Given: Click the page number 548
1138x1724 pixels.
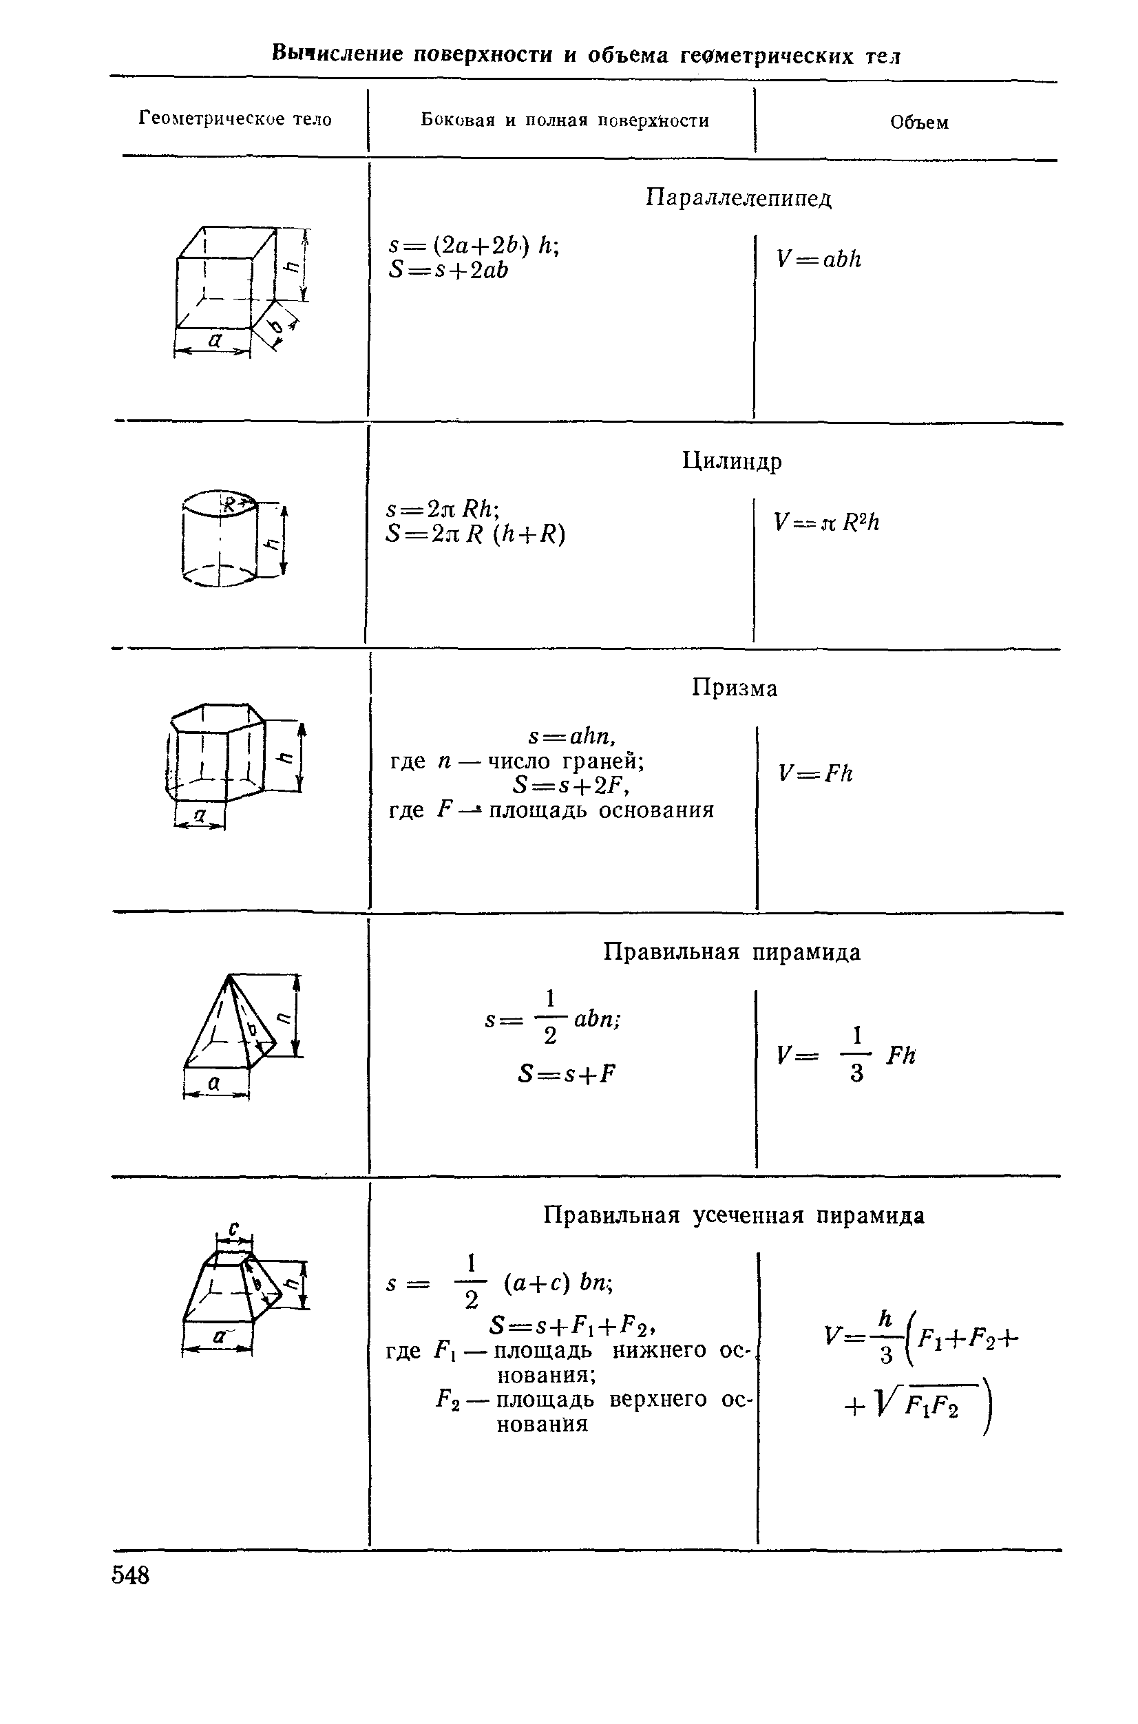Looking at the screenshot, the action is [x=131, y=1575].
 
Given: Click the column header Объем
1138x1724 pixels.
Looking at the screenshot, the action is [x=919, y=123].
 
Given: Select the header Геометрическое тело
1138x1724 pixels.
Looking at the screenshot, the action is [x=235, y=119].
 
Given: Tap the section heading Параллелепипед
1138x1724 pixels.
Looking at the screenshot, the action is [x=739, y=198].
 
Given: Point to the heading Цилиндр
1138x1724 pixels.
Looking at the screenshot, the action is [x=733, y=461].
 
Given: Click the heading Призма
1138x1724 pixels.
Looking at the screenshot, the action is [x=735, y=687].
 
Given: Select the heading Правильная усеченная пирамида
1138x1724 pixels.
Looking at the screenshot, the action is [x=735, y=1215].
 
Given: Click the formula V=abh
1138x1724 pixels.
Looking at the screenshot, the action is [x=819, y=259].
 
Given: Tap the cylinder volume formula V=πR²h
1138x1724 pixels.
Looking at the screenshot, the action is [x=827, y=522].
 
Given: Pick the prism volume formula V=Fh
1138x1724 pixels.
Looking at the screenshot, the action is [x=816, y=773].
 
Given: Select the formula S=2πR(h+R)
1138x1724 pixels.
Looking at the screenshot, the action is [x=476, y=534].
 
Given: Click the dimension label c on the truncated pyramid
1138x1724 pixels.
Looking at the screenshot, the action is [x=233, y=1228].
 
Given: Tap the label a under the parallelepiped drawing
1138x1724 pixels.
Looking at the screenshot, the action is [x=215, y=338].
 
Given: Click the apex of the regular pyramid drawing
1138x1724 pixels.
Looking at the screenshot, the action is [x=229, y=974].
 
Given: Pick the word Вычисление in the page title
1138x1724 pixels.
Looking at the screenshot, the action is [x=337, y=53].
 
